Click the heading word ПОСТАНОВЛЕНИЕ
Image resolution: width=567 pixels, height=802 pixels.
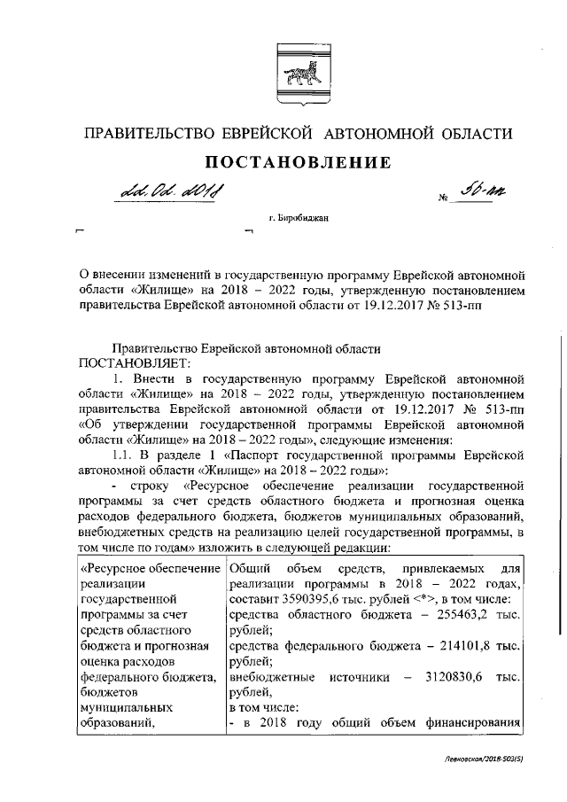coord(299,162)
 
